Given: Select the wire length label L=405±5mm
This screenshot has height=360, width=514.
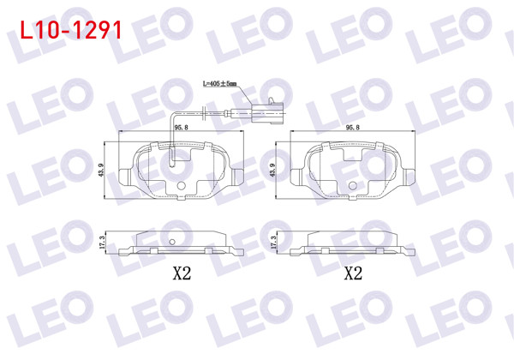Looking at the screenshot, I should point(220,84).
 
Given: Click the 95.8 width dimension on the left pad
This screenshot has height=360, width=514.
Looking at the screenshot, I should point(181,127).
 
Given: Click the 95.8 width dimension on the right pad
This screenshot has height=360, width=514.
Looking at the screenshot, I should point(351,127).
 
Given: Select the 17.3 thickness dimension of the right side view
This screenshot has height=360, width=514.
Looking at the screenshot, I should point(273,243).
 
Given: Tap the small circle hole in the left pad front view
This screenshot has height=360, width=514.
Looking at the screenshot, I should point(182,185).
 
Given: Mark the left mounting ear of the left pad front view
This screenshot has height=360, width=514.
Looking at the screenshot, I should point(124,178).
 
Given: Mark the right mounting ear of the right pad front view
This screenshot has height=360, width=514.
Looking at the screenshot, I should point(409,178).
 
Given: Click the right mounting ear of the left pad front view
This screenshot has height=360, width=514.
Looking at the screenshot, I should point(238,178).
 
